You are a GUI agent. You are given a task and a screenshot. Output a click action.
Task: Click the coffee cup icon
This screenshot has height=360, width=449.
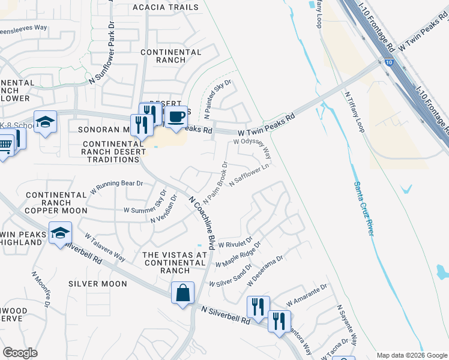click(x=176, y=116)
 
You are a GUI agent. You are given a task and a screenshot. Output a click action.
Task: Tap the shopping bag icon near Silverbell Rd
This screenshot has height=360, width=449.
click(x=182, y=293)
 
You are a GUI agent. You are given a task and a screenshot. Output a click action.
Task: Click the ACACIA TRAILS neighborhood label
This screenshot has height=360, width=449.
click(x=166, y=7)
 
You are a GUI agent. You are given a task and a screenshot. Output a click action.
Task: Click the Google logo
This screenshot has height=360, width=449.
click(x=20, y=352)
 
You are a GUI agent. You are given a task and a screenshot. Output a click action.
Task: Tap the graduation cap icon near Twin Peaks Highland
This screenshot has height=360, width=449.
click(x=60, y=233)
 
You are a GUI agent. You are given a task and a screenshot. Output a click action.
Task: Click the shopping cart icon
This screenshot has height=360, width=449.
click(x=5, y=145)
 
